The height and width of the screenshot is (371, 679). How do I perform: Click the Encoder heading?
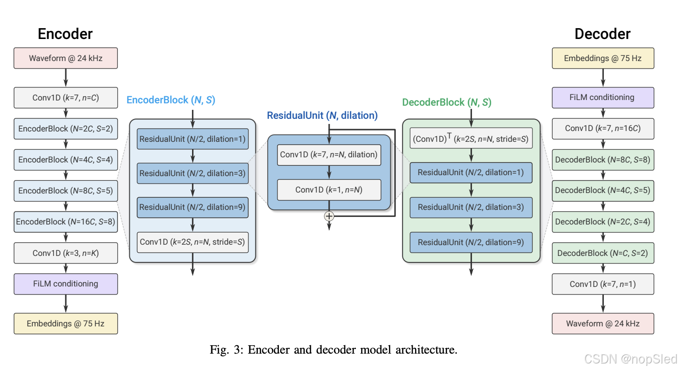[65, 34]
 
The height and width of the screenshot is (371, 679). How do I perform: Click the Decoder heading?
[602, 34]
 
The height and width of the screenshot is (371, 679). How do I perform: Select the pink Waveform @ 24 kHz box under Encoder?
[66, 59]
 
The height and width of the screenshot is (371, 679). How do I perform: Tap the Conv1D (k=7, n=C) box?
[66, 98]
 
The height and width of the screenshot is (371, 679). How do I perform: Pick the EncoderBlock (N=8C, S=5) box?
[66, 191]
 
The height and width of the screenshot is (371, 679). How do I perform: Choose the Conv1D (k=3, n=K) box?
[66, 253]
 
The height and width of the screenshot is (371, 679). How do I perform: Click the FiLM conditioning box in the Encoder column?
[66, 284]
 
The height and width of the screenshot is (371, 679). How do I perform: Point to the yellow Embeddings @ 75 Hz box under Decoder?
[602, 59]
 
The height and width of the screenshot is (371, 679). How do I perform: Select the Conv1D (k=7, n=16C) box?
[602, 128]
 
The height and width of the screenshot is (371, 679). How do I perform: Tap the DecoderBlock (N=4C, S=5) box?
[602, 191]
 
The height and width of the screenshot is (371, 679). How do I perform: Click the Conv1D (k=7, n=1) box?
[602, 284]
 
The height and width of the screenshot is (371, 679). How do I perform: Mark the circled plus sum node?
[329, 216]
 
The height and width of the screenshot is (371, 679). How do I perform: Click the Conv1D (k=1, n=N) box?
[329, 190]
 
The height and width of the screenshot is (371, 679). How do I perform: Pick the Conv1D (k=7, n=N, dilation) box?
[329, 155]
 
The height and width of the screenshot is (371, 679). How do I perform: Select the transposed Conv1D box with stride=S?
[471, 138]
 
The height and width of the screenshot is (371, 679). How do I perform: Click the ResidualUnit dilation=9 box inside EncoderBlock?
[193, 207]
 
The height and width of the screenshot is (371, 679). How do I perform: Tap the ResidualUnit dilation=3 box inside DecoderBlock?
[471, 207]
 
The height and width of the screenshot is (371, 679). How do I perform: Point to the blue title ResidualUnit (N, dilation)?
[322, 115]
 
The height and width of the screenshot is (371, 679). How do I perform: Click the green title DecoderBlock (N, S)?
[447, 102]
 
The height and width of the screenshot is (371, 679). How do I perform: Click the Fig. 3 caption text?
[333, 350]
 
